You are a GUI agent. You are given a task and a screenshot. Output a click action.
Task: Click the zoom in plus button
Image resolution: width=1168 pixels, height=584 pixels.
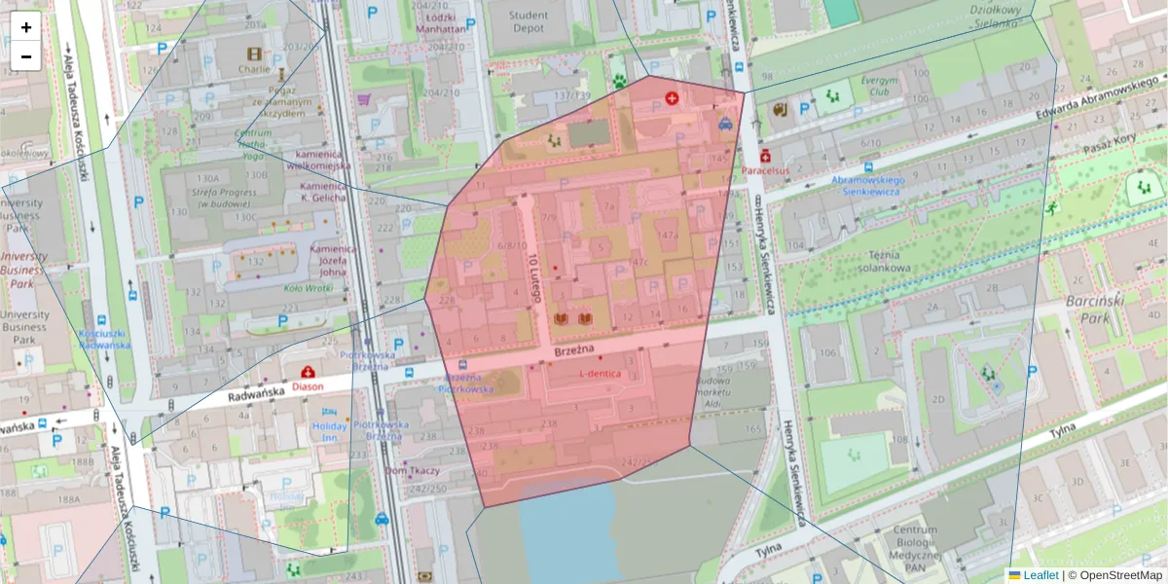click(26, 27)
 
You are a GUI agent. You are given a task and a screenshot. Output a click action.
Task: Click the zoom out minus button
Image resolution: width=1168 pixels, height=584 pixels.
click(26, 56)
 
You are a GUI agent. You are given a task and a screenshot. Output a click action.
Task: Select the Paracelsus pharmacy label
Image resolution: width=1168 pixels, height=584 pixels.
click(765, 170)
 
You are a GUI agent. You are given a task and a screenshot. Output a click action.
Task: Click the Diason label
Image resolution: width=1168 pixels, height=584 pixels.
click(307, 385)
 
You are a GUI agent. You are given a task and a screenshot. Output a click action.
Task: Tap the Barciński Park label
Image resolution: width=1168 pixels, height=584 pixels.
click(1094, 310)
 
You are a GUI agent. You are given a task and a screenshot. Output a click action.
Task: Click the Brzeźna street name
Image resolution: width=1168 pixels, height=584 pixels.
click(574, 349)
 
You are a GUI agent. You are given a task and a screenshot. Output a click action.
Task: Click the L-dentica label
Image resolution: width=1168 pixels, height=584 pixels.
click(600, 374)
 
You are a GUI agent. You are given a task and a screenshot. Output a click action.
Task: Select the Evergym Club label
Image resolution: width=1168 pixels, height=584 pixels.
click(873, 87)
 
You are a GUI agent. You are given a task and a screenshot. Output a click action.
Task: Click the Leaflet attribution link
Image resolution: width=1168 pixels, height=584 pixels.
click(1040, 575)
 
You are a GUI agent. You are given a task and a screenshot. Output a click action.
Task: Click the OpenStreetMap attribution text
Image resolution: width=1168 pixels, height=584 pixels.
click(1114, 575)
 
